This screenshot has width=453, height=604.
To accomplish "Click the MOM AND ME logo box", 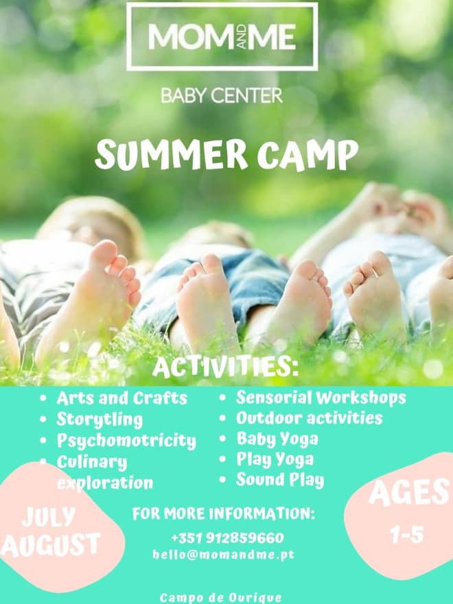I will (222, 36).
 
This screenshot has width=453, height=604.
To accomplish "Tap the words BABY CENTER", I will (222, 95).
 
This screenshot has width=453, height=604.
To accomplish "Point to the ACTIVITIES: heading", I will (226, 366).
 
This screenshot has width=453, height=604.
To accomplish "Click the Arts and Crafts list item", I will (121, 398).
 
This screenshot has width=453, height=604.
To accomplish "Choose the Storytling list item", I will (100, 419).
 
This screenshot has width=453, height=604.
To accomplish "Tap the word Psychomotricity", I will (126, 440).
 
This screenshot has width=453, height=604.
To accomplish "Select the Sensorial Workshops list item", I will (321, 398).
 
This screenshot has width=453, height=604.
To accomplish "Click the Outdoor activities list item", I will (309, 418).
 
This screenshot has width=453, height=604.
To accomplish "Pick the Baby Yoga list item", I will (277, 439).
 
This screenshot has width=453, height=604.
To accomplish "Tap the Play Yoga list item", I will (275, 459).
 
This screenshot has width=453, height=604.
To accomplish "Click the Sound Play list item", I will (279, 480).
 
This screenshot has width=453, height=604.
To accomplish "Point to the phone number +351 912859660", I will (227, 538).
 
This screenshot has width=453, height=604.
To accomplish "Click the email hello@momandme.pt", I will (223, 555).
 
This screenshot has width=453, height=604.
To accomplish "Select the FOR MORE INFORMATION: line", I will (223, 514).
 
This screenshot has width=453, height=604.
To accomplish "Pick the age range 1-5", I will (406, 535).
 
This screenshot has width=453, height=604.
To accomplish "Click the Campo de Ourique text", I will (220, 598).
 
